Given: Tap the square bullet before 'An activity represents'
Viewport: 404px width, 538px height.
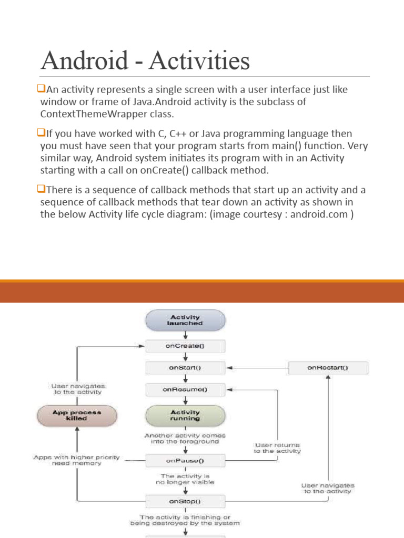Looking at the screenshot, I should (x=43, y=89).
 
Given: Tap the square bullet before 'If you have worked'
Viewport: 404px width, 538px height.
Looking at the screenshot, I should (x=43, y=133).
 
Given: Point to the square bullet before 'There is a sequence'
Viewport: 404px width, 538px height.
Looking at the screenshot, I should (x=43, y=190).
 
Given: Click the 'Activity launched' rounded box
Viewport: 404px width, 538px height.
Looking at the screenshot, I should (x=185, y=320).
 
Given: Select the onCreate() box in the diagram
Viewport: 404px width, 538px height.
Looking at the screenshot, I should (x=185, y=346).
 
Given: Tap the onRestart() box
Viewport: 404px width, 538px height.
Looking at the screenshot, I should (x=328, y=368).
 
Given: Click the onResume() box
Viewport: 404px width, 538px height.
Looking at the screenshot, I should (x=185, y=390).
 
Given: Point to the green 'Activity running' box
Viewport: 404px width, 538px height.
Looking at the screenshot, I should (x=185, y=416).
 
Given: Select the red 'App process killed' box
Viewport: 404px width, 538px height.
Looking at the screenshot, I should (x=77, y=416).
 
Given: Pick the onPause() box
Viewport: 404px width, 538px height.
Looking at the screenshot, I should (x=185, y=461).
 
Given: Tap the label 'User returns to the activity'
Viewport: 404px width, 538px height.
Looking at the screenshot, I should (x=277, y=448).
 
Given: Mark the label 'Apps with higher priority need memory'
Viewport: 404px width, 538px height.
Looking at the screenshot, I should (x=76, y=460).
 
